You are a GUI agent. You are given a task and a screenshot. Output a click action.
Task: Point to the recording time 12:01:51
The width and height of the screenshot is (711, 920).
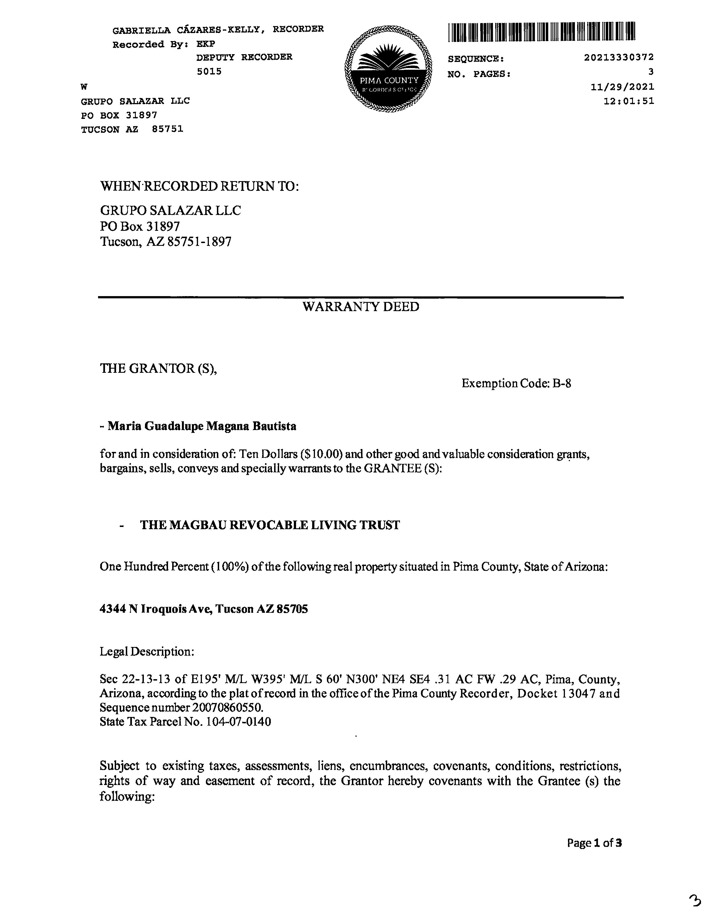click(629, 101)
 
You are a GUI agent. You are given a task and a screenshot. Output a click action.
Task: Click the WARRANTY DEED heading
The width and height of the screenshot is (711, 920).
click(360, 307)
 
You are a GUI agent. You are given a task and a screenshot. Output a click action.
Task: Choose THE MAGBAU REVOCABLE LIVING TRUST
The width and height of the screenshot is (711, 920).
click(270, 525)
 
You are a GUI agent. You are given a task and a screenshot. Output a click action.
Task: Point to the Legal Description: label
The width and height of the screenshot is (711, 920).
click(147, 652)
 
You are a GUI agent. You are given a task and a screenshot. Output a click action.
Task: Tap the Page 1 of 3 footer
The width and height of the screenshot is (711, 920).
click(594, 843)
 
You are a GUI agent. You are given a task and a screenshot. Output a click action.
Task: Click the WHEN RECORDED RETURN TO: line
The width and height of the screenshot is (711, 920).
click(199, 186)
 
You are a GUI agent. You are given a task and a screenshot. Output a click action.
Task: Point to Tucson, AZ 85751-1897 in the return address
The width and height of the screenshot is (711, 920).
click(166, 242)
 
